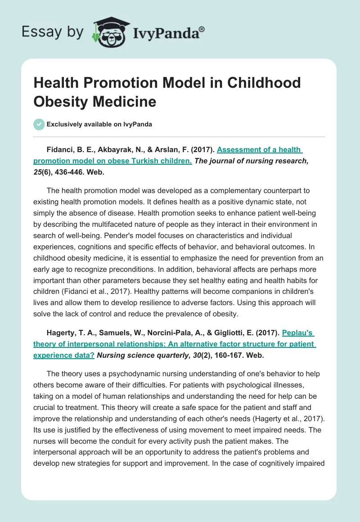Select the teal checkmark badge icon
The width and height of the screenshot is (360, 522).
pyautogui.click(x=39, y=124)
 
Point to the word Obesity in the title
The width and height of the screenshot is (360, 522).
pyautogui.click(x=61, y=101)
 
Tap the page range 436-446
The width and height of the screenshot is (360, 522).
pyautogui.click(x=78, y=171)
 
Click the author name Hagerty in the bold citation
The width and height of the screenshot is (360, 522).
pyautogui.click(x=61, y=333)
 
